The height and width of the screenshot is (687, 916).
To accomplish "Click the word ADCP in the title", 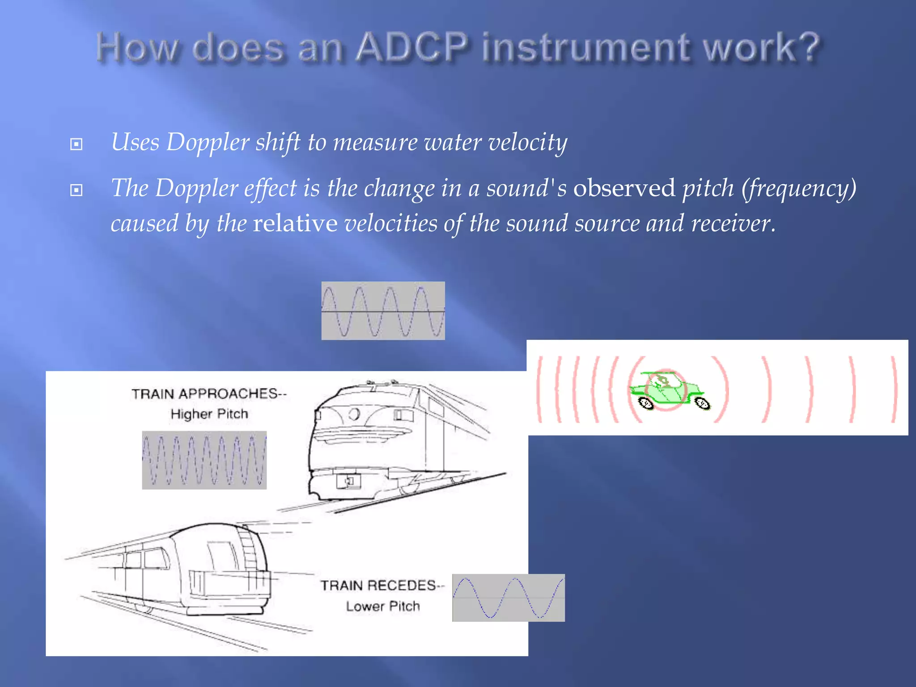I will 412,47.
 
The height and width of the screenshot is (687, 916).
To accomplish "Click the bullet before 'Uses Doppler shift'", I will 76,144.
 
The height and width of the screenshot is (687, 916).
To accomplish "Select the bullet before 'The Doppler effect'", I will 76,190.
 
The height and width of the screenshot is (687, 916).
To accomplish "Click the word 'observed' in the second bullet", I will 624,188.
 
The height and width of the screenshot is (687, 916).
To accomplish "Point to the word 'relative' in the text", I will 295,223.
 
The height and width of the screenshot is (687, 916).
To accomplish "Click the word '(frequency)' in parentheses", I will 799,188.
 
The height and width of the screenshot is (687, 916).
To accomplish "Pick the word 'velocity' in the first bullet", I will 527,143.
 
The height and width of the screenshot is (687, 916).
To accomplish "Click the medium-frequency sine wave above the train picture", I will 383,310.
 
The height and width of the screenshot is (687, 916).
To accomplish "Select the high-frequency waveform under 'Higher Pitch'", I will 204,460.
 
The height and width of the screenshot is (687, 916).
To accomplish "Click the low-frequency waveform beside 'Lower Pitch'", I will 508,598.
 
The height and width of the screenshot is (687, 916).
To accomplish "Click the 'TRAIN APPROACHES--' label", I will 208,394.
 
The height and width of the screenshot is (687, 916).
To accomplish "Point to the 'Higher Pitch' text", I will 209,414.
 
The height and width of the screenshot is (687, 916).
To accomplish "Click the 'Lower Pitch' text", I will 383,606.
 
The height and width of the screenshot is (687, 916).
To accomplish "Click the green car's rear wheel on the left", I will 646,403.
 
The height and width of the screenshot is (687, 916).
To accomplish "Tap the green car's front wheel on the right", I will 702,403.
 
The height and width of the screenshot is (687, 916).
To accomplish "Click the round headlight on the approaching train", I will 354,414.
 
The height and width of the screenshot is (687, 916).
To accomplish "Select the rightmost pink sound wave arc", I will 893,389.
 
